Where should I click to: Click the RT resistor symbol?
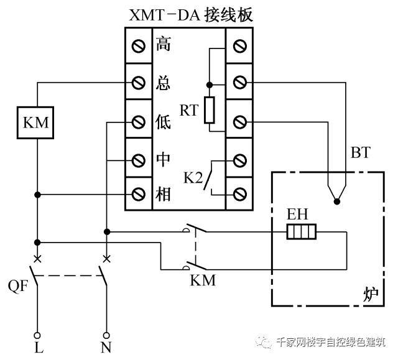click(x=210, y=110)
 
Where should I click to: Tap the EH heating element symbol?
click(x=302, y=233)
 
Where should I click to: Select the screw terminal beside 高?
click(x=138, y=45)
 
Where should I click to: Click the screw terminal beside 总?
click(x=138, y=82)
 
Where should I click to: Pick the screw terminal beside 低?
click(x=138, y=121)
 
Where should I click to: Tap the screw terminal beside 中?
click(x=138, y=160)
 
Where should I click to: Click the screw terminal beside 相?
click(x=138, y=195)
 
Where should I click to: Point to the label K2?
click(x=193, y=177)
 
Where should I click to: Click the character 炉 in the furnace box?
click(x=371, y=293)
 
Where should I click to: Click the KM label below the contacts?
click(x=202, y=280)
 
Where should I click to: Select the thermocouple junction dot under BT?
click(x=337, y=201)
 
